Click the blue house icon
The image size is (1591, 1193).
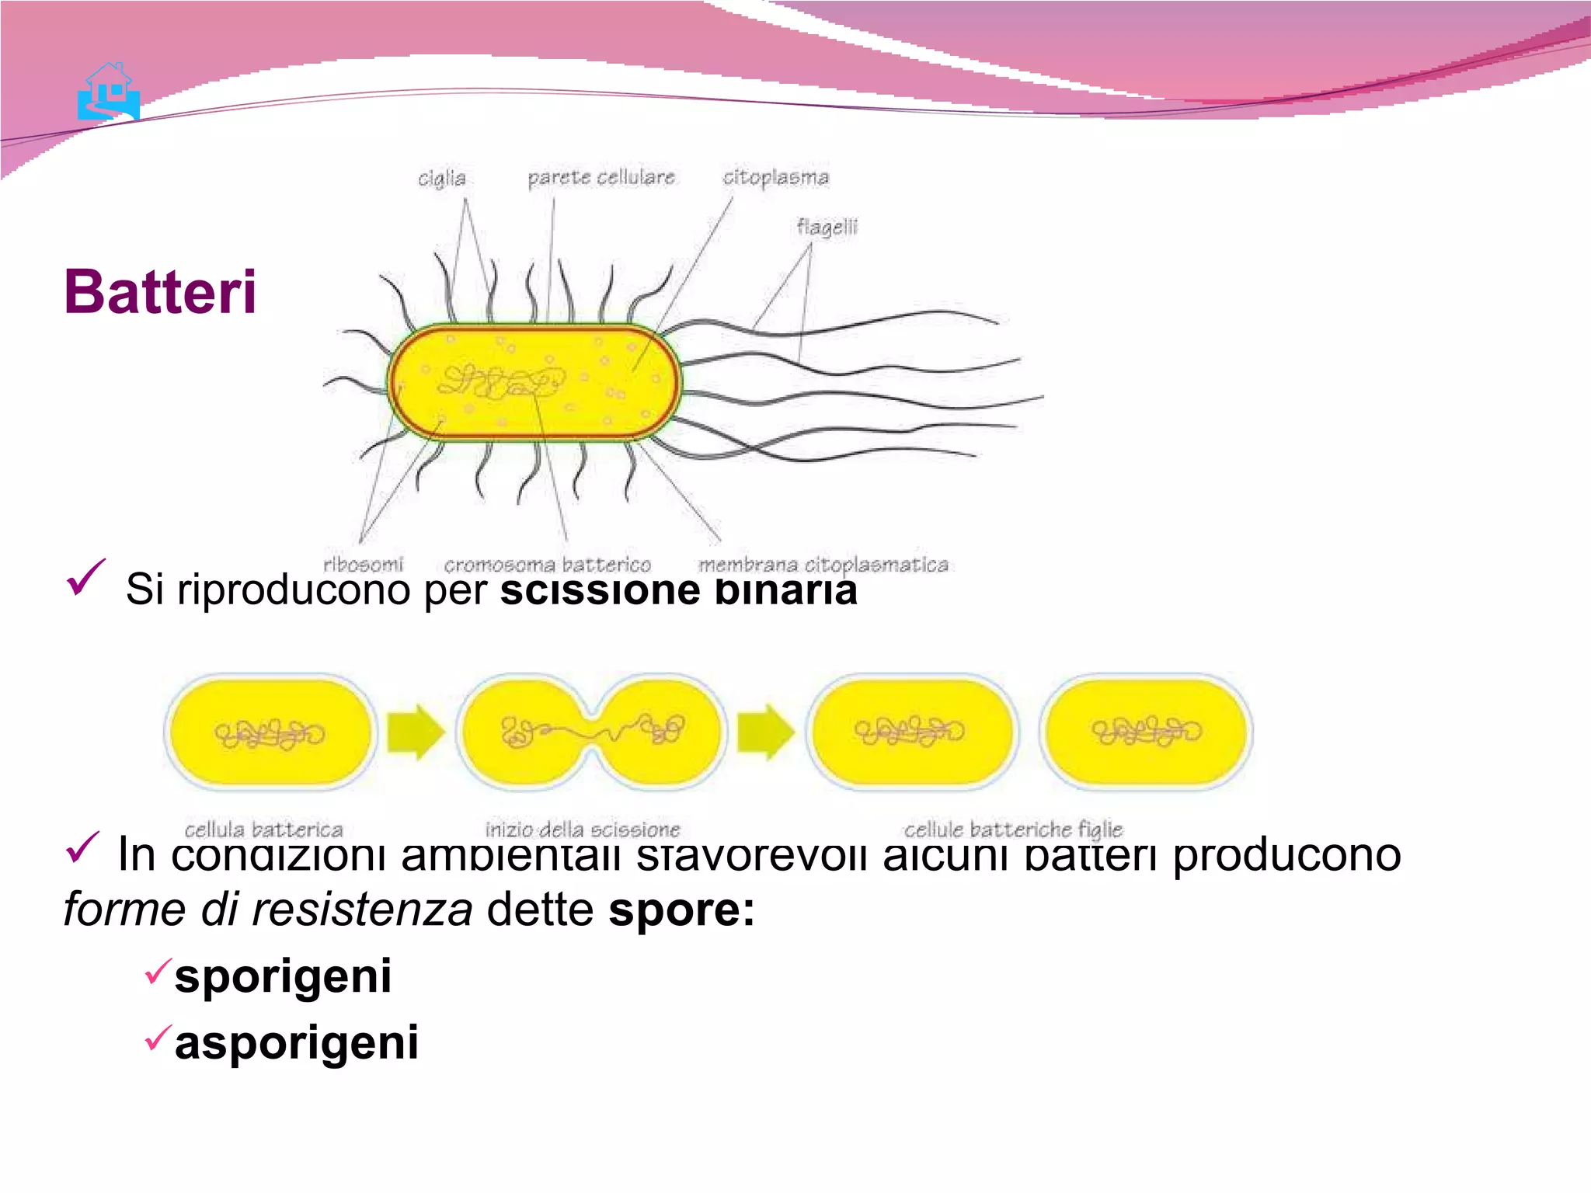click(x=109, y=92)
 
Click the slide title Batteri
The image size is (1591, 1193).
click(x=160, y=292)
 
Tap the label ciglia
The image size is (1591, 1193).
click(x=441, y=179)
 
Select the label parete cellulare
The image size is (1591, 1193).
click(x=601, y=178)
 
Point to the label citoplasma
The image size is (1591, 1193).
click(x=775, y=178)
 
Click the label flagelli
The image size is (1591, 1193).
click(x=827, y=227)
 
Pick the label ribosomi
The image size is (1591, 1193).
click(x=363, y=564)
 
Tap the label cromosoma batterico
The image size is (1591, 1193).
click(x=547, y=565)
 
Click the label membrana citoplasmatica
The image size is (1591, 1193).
click(x=823, y=565)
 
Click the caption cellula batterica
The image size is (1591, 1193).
click(x=263, y=830)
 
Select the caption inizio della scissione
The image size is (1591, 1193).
click(x=582, y=830)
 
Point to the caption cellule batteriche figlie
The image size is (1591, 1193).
click(x=1013, y=830)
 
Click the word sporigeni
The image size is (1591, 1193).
click(x=283, y=976)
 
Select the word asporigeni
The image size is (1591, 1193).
click(x=296, y=1042)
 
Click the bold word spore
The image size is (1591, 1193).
click(x=674, y=910)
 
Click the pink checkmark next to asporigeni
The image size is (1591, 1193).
click(x=158, y=1038)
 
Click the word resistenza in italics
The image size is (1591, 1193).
click(x=361, y=910)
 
